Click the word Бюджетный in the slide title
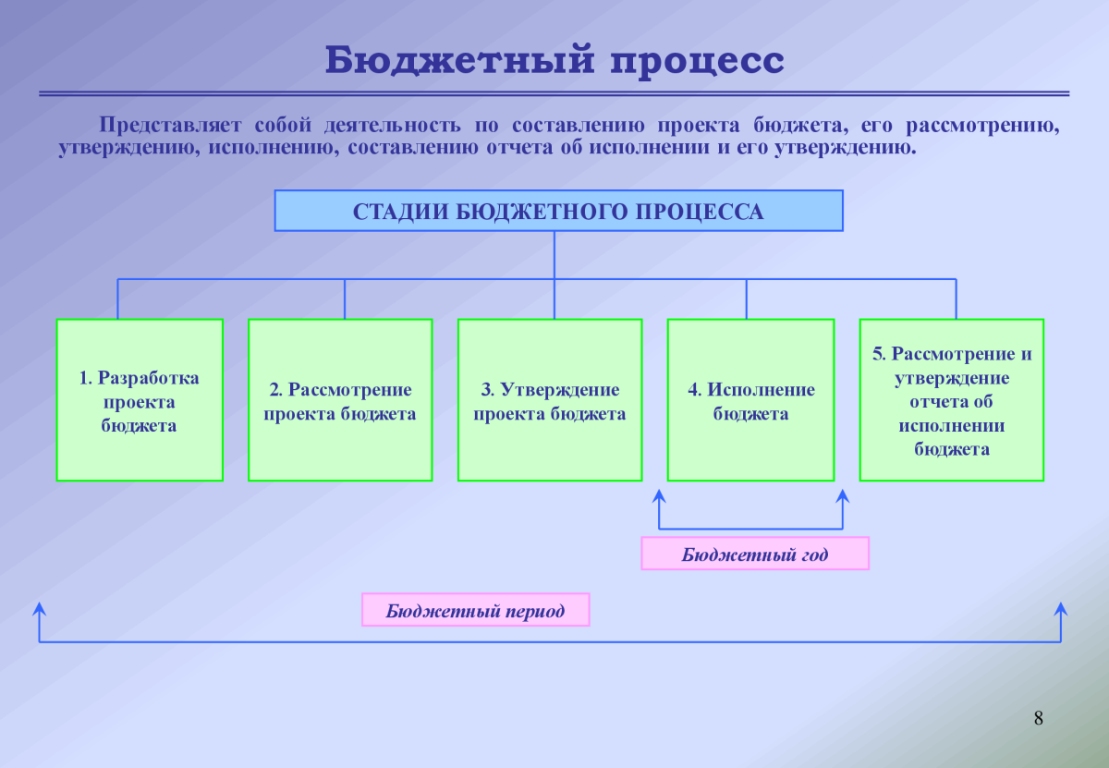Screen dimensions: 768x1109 coord(457,61)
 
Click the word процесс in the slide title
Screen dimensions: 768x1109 coord(697,61)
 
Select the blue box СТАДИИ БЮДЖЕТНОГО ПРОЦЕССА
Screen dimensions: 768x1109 coord(558,211)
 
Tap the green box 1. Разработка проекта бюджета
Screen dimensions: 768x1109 coord(140,399)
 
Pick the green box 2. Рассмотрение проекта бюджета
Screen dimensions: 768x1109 coord(340,399)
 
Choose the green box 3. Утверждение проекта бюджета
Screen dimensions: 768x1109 coord(550,399)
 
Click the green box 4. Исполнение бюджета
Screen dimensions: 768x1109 coord(750,399)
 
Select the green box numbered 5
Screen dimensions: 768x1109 coord(952,399)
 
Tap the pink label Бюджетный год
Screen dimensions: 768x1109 coord(755,554)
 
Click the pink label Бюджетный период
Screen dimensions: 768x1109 coord(475,611)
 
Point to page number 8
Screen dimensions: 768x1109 coord(1038,718)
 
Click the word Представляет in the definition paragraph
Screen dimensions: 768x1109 coord(171,125)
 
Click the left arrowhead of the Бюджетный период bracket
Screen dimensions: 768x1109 coord(39,608)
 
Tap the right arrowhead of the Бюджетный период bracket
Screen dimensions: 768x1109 coord(1061,608)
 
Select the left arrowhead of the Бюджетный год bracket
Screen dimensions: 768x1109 coord(659,496)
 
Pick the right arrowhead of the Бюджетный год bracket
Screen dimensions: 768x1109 coord(842,496)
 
